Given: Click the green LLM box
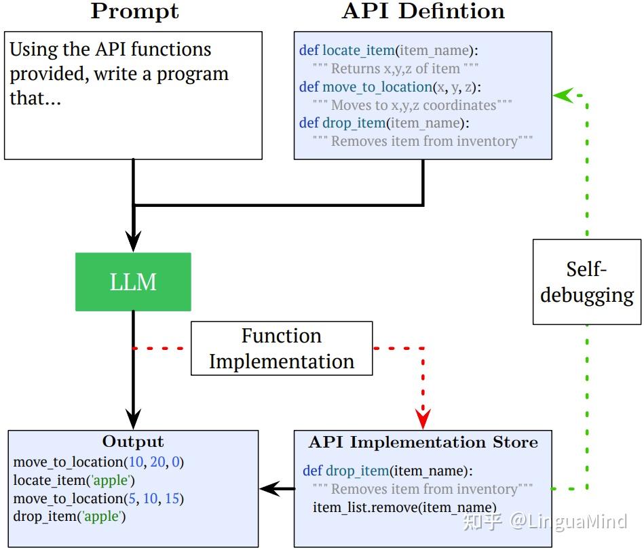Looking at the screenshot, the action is pyautogui.click(x=133, y=282).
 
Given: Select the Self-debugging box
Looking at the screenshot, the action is pyautogui.click(x=587, y=282).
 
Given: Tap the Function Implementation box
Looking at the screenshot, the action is pyautogui.click(x=282, y=349).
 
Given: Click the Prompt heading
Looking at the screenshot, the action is pyautogui.click(x=135, y=11).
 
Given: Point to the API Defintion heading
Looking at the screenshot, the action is pyautogui.click(x=423, y=11).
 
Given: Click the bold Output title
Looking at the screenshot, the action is pyautogui.click(x=133, y=441).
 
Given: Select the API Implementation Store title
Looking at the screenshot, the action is pyautogui.click(x=423, y=442).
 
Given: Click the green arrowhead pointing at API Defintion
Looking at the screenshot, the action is pyautogui.click(x=563, y=95).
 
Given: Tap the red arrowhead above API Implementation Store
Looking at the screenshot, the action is pyautogui.click(x=423, y=418).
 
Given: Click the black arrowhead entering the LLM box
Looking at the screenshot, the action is pyautogui.click(x=133, y=241).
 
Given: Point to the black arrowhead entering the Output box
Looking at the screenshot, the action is pyautogui.click(x=133, y=419).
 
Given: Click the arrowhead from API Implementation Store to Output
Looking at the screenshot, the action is pyautogui.click(x=270, y=488).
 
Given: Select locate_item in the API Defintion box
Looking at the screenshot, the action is pyautogui.click(x=358, y=50).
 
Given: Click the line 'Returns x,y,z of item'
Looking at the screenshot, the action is pyautogui.click(x=396, y=68).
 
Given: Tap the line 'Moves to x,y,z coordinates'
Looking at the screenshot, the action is pyautogui.click(x=413, y=105).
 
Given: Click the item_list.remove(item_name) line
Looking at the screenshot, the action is pyautogui.click(x=404, y=507).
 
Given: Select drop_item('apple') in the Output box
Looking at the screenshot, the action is pyautogui.click(x=69, y=516).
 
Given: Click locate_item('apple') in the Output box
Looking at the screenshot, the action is pyautogui.click(x=74, y=480).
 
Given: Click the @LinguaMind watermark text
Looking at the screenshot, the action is pyautogui.click(x=569, y=522).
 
